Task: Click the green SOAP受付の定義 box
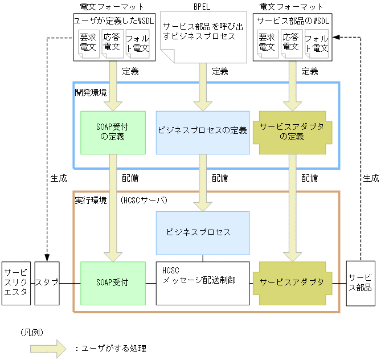point(113,132)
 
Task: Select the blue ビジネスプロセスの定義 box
point(202,132)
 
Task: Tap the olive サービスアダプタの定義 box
point(291,132)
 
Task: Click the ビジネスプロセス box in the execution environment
point(202,232)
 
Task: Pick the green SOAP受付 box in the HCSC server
point(113,283)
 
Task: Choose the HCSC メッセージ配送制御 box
point(202,283)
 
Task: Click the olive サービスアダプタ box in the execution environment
point(291,283)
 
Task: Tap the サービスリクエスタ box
point(15,283)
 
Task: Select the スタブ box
point(47,283)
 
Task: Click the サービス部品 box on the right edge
point(360,283)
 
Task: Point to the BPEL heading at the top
point(202,7)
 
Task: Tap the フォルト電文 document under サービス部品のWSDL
point(316,44)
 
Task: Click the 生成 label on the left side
point(58,178)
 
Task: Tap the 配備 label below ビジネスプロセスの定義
point(220,178)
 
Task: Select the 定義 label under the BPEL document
point(220,71)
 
